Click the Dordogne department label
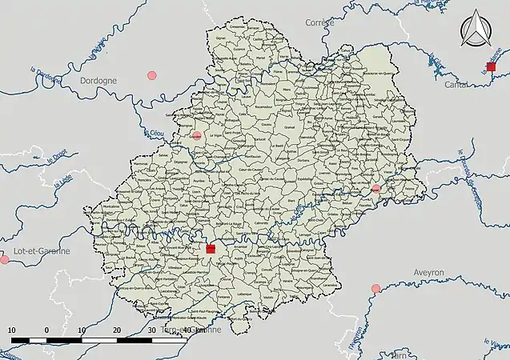[99, 81]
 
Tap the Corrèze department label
[319, 23]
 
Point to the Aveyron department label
[428, 273]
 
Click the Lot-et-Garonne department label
[36, 250]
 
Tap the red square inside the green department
[211, 249]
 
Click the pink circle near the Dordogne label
[152, 75]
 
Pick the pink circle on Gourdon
[197, 135]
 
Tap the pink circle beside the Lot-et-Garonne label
[4, 260]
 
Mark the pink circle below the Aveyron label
[375, 288]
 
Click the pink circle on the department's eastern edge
[375, 189]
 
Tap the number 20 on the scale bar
[117, 330]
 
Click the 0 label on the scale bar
[46, 330]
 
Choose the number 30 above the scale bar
[152, 330]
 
